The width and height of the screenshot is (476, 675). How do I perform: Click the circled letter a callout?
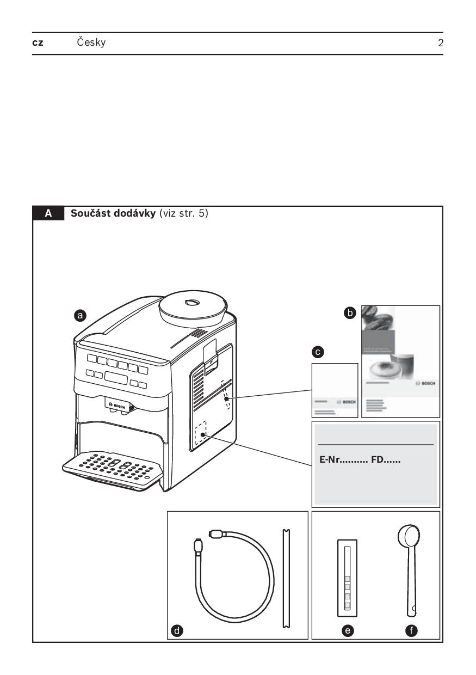(81, 315)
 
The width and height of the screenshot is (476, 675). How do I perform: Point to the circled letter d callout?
(176, 631)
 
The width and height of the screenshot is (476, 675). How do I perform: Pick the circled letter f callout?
(413, 631)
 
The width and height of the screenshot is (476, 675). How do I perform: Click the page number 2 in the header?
(440, 43)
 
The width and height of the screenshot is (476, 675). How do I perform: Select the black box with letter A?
(48, 214)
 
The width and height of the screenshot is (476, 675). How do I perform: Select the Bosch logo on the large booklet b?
(425, 383)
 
